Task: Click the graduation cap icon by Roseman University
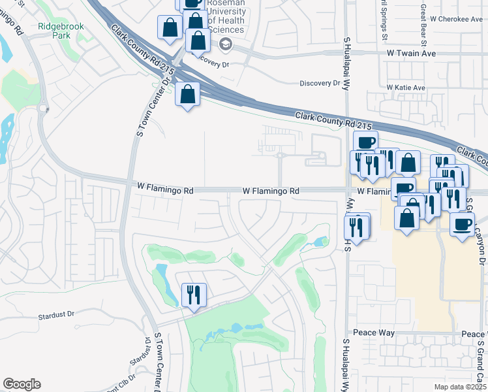click(x=226, y=44)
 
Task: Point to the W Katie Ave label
click(x=405, y=88)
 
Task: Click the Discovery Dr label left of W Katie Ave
click(x=320, y=84)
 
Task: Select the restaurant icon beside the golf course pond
click(x=194, y=294)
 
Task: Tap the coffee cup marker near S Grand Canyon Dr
click(x=463, y=225)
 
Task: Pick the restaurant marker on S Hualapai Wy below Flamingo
click(x=357, y=227)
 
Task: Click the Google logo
click(x=22, y=384)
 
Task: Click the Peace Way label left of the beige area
click(x=374, y=333)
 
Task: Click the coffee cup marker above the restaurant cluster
click(x=366, y=142)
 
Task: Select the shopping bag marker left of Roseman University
click(x=170, y=28)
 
